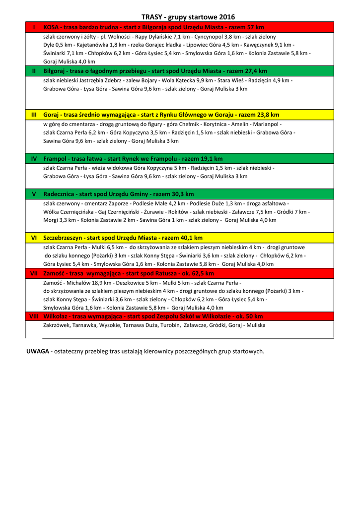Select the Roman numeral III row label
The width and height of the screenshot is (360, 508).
point(34,115)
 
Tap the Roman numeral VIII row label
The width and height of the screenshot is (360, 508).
point(34,316)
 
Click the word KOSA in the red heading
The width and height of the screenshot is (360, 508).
point(51,27)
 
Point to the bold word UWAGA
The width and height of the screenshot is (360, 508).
point(37,351)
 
